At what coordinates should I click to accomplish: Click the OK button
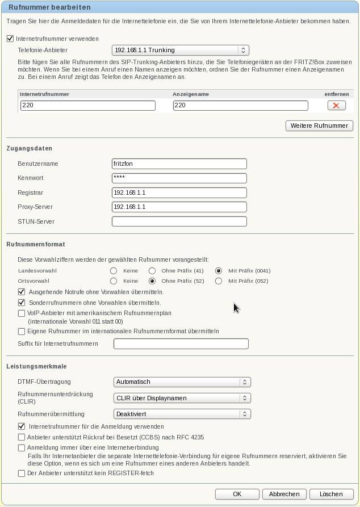237,494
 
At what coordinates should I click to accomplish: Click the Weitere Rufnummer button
319,125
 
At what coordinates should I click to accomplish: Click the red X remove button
336,106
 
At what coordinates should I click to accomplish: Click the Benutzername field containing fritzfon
179,164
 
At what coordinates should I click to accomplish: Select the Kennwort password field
179,178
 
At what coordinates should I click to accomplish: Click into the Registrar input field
179,192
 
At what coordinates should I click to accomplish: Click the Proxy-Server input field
179,207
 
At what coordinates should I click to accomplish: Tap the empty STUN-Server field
179,221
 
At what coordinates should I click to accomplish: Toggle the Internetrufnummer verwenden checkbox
10,39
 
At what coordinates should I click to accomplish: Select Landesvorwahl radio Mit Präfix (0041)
218,271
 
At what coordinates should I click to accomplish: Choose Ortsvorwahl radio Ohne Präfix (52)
152,281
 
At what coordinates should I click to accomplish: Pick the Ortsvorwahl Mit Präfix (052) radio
218,281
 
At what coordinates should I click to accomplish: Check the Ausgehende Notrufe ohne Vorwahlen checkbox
22,292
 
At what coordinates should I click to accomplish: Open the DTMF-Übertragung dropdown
182,382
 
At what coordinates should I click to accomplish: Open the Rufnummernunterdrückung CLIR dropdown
182,398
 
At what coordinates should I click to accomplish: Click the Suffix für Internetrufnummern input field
181,343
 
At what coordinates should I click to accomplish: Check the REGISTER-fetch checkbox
22,473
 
